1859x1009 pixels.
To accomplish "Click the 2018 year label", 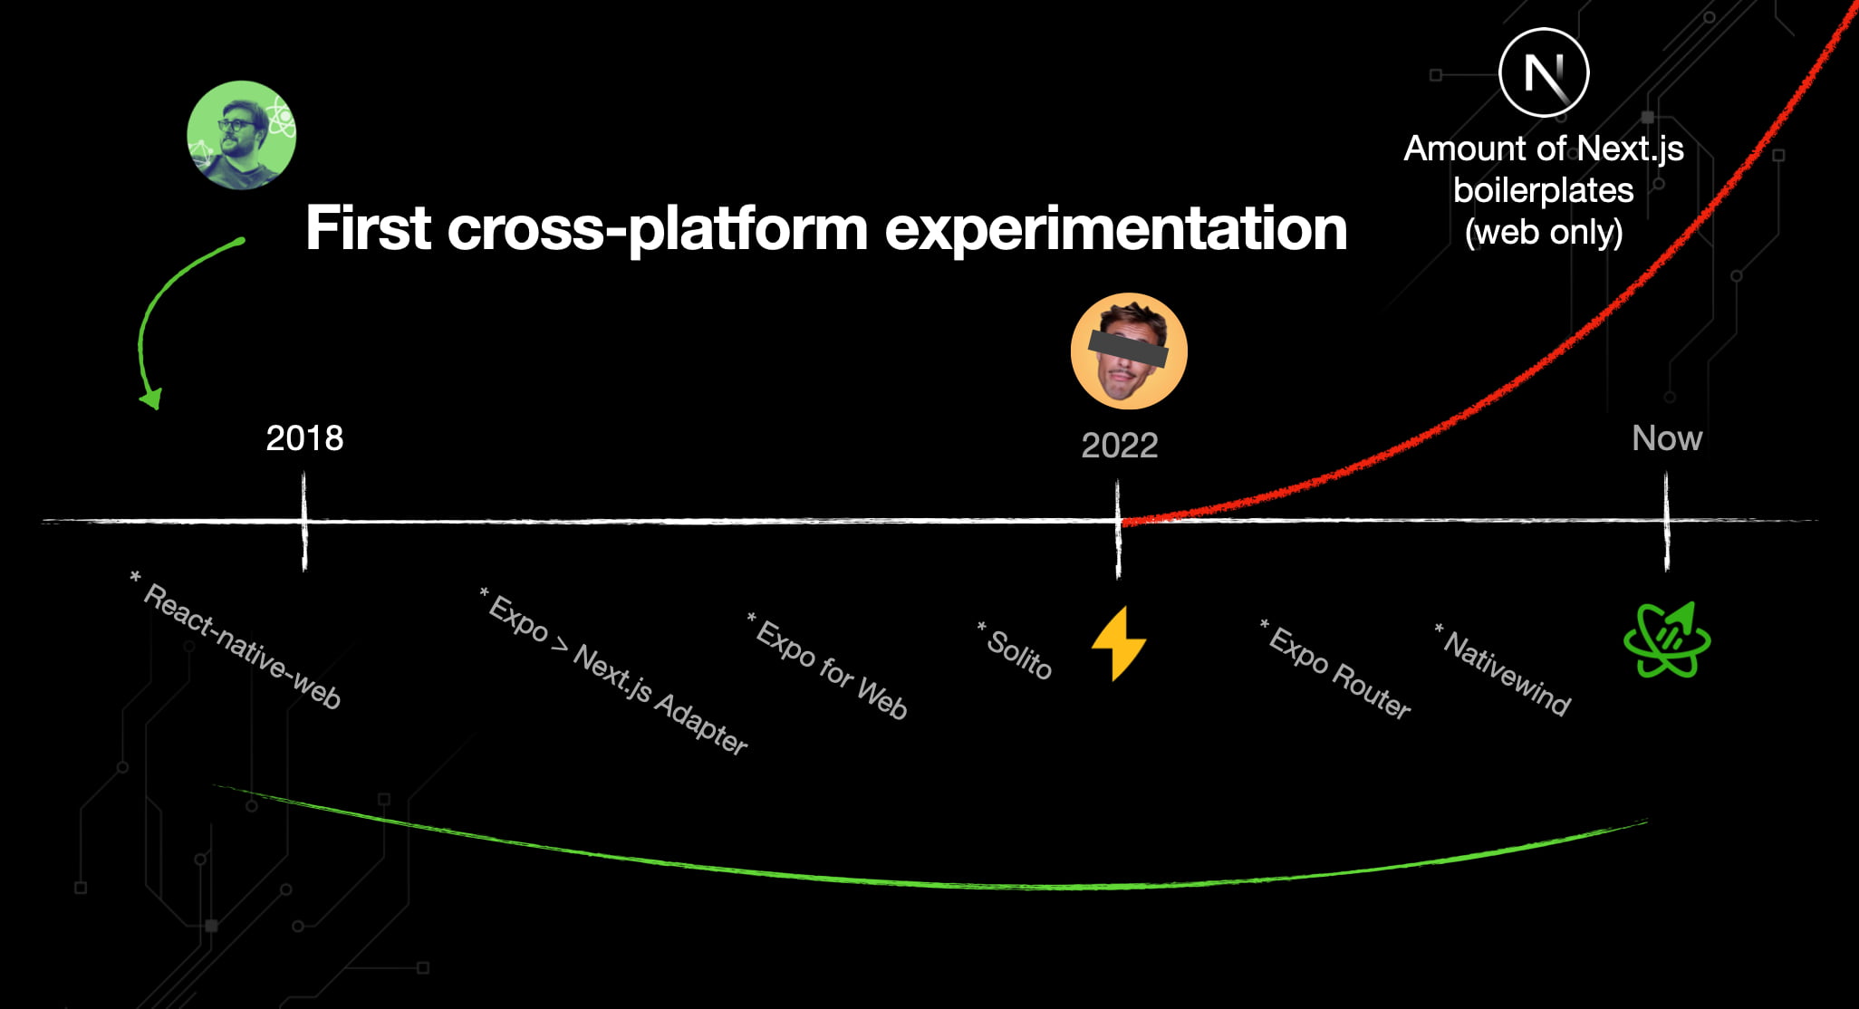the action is click(x=304, y=438).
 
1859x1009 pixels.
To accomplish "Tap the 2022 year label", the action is click(x=1120, y=446).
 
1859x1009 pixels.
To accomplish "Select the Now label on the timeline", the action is click(x=1667, y=438).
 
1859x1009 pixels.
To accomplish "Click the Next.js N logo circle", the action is click(x=1544, y=72).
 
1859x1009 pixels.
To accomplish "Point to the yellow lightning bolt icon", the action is click(x=1119, y=643).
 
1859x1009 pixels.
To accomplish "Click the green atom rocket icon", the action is click(x=1667, y=639).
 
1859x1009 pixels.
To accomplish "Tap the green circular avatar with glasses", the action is click(x=241, y=135).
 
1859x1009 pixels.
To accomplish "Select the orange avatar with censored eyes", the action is click(x=1129, y=351).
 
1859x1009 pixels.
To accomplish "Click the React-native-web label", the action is click(x=237, y=641).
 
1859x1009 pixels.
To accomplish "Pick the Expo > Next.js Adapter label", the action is click(x=614, y=671).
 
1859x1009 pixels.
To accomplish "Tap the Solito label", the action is click(x=1016, y=650).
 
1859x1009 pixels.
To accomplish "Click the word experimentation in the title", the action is click(x=1116, y=228).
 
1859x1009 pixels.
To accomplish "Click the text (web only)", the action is click(x=1544, y=233).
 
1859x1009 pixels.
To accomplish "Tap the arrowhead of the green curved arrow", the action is click(x=152, y=399).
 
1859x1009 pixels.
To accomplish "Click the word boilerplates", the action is click(x=1544, y=191).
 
